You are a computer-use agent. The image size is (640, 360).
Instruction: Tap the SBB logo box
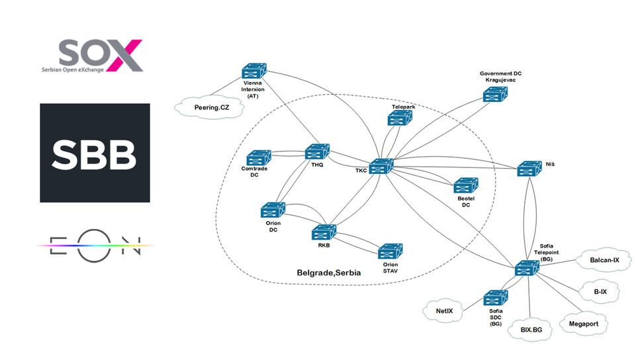point(95,152)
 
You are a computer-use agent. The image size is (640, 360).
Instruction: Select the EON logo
point(95,245)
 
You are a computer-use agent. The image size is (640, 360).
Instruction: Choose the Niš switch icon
point(529,169)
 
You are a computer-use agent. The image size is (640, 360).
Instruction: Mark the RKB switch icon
point(323,232)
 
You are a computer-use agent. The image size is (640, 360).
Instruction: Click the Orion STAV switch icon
point(390,252)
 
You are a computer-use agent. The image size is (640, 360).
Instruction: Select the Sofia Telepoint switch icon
point(527,269)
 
